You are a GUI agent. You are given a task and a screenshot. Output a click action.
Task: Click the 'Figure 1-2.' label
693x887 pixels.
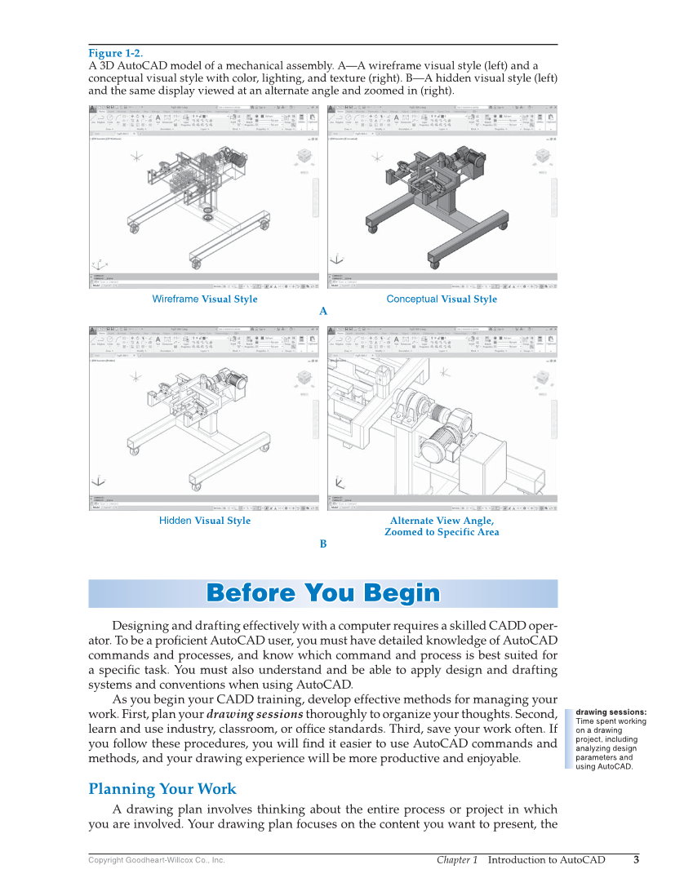[115, 54]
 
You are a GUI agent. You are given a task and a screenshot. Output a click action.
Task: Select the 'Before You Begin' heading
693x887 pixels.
[322, 593]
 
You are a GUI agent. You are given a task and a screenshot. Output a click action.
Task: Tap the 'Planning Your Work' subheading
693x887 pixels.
[162, 789]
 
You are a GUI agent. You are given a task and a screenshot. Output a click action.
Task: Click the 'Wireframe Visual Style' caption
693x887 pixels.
[204, 299]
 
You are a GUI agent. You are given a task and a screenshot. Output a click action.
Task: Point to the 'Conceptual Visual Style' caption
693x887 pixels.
[441, 299]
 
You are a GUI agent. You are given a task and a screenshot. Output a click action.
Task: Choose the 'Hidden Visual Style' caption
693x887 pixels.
[204, 521]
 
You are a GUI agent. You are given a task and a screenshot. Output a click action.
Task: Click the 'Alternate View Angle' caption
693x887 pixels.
[442, 521]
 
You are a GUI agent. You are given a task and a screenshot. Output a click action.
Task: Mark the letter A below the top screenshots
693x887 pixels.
[323, 312]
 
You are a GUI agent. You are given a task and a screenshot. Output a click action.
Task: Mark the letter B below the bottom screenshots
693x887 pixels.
[323, 543]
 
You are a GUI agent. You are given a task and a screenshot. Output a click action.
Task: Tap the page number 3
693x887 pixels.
[636, 859]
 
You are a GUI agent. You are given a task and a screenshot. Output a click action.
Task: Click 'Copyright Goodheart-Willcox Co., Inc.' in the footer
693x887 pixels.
[156, 860]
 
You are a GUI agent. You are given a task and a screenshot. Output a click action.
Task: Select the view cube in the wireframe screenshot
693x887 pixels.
[304, 157]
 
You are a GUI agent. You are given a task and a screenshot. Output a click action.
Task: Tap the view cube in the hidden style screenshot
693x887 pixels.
[304, 378]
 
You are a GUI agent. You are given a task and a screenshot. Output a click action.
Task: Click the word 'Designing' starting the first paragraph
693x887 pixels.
[140, 625]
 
